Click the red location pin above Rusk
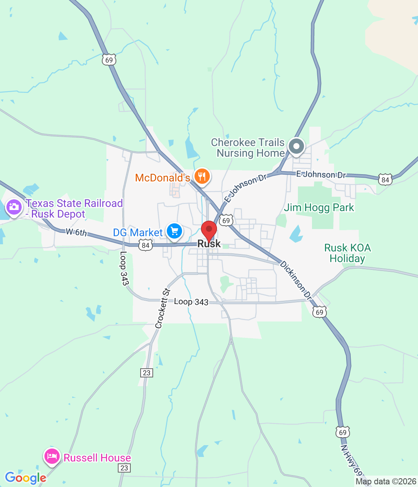click(209, 230)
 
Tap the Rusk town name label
click(209, 244)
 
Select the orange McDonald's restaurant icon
click(202, 177)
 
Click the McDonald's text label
click(162, 178)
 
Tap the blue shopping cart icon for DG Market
click(175, 231)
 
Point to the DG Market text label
click(138, 232)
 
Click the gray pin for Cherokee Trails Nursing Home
click(296, 146)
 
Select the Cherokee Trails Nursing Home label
click(248, 148)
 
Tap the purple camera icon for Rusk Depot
click(14, 207)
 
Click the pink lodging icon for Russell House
click(52, 456)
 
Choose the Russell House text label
click(97, 458)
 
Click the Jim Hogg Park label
click(319, 207)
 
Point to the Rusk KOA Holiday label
click(347, 253)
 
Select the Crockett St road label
click(162, 309)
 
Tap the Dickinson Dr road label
click(296, 280)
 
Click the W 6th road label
click(76, 232)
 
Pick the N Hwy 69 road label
click(351, 460)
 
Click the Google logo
click(25, 478)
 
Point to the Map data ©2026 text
click(386, 481)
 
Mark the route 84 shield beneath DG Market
click(146, 245)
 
